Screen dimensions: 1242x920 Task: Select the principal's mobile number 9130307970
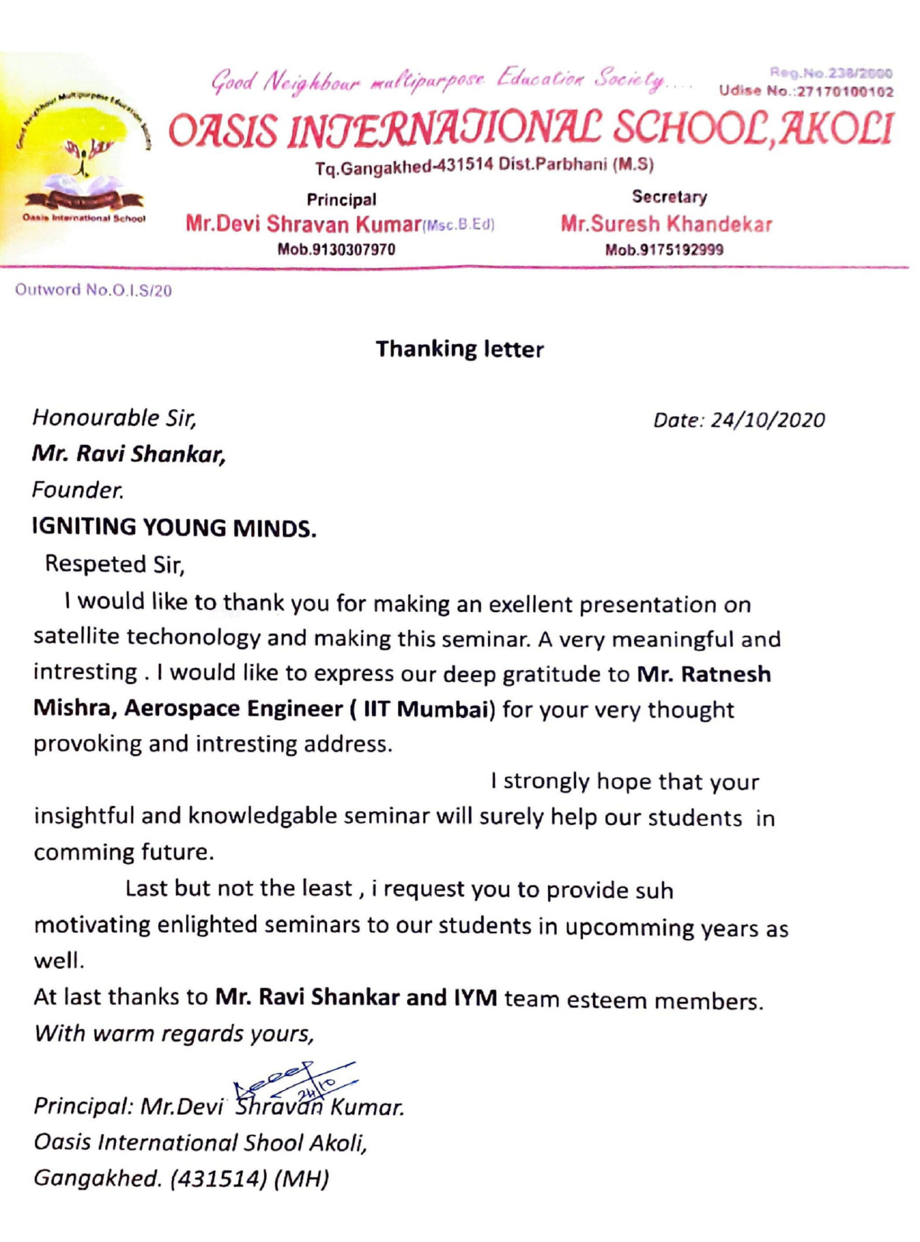tap(336, 250)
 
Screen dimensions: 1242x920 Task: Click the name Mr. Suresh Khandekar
tap(666, 224)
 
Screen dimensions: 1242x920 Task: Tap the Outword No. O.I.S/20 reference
tap(93, 291)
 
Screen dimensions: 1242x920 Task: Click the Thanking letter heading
tap(460, 349)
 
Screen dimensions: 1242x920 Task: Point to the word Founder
tap(78, 490)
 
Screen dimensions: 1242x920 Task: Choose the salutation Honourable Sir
tap(114, 418)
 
